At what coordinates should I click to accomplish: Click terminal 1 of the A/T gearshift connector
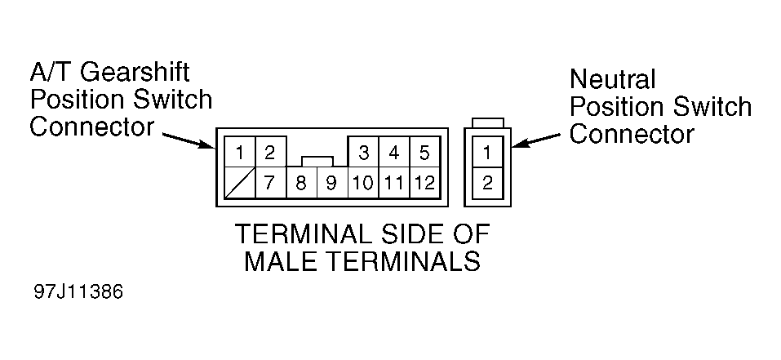(x=239, y=153)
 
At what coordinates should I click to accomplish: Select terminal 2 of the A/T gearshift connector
(x=269, y=153)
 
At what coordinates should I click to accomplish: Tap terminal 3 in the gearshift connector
(x=364, y=153)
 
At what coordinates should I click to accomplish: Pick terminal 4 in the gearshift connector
(x=394, y=153)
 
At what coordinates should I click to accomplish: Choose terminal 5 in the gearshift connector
(x=424, y=153)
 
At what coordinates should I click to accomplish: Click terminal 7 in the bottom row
(x=269, y=182)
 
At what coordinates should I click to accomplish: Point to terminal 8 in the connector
(x=301, y=182)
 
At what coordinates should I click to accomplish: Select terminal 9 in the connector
(x=331, y=182)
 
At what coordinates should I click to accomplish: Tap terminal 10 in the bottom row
(x=364, y=182)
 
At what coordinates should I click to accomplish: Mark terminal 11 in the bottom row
(x=394, y=182)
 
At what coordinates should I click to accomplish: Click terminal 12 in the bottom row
(x=424, y=182)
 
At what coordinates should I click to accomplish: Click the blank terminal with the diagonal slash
(x=239, y=182)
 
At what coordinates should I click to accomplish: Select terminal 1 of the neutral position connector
(x=487, y=152)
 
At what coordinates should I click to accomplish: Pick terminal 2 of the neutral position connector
(x=487, y=182)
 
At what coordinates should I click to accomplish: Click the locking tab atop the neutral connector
(x=487, y=122)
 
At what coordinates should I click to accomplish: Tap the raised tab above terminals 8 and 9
(x=317, y=161)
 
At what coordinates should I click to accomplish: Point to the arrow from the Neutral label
(x=539, y=140)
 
